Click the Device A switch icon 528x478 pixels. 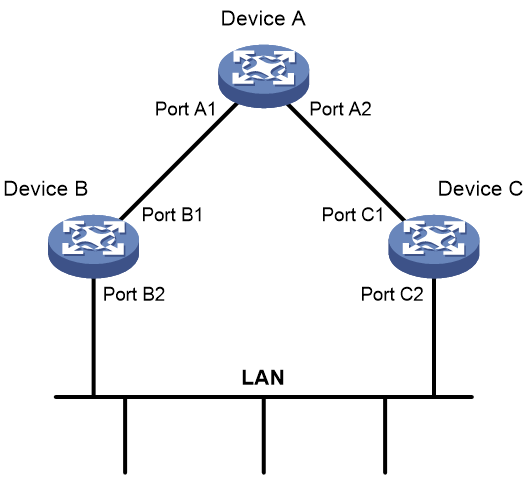pyautogui.click(x=264, y=76)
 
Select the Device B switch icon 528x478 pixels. pyautogui.click(x=93, y=246)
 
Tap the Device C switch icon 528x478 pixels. pyautogui.click(x=434, y=246)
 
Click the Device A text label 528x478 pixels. pyautogui.click(x=263, y=19)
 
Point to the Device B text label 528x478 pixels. pyautogui.click(x=46, y=189)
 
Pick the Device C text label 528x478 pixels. pyautogui.click(x=481, y=189)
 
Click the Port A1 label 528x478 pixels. pyautogui.click(x=185, y=109)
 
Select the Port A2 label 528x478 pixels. pyautogui.click(x=340, y=109)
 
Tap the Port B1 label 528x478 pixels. pyautogui.click(x=172, y=215)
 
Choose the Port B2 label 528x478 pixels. pyautogui.click(x=134, y=294)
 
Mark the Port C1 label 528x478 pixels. pyautogui.click(x=352, y=215)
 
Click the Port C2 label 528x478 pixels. pyautogui.click(x=392, y=294)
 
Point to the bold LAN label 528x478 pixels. pyautogui.click(x=263, y=378)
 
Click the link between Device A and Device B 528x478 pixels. pyautogui.click(x=178, y=162)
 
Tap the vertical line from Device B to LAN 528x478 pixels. pyautogui.click(x=94, y=337)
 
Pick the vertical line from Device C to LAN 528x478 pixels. pyautogui.click(x=434, y=337)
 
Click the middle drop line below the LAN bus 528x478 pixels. pyautogui.click(x=264, y=436)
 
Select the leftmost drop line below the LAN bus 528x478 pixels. pyautogui.click(x=125, y=436)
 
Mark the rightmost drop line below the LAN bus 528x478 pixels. pyautogui.click(x=385, y=436)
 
